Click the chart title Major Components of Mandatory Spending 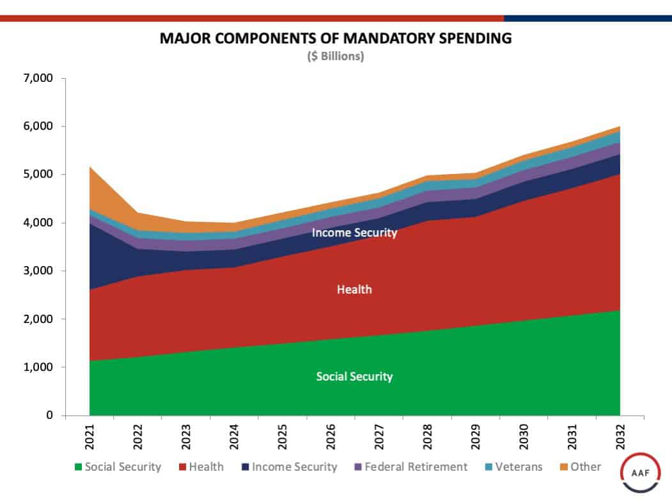(336, 38)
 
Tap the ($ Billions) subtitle (336, 56)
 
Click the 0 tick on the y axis (48, 416)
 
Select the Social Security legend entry (118, 467)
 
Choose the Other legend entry (579, 467)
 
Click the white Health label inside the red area (354, 290)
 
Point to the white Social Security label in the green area (354, 377)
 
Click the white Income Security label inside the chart (354, 233)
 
